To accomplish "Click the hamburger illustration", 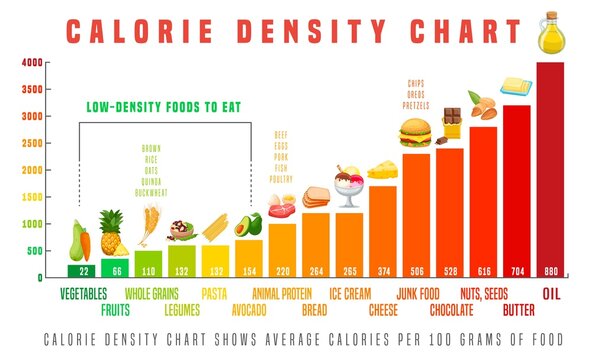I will [415, 132].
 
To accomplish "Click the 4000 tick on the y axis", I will [32, 63].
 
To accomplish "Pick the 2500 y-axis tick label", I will [32, 143].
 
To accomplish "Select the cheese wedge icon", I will [382, 171].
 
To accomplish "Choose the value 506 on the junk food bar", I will [416, 270].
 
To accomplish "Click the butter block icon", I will [517, 89].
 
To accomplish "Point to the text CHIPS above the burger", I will [416, 83].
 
